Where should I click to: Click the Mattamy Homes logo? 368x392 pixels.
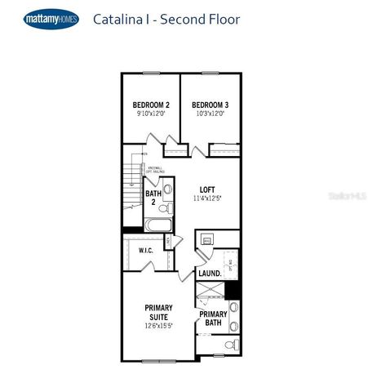[51, 19]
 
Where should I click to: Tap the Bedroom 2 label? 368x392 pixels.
[151, 105]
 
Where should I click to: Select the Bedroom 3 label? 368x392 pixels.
[210, 105]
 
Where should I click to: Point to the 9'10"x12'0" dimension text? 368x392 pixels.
[151, 114]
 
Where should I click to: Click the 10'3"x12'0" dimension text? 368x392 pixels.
[210, 114]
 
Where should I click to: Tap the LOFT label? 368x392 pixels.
[207, 189]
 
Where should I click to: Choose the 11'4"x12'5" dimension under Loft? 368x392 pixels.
[207, 198]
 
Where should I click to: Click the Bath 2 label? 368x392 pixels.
[152, 197]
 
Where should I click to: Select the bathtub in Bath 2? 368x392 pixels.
[158, 225]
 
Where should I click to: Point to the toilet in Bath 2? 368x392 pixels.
[167, 190]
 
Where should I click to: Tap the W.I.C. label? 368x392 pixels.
[147, 251]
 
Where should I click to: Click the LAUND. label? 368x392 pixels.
[210, 274]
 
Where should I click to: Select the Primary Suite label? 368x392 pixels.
[159, 313]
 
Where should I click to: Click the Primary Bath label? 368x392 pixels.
[213, 319]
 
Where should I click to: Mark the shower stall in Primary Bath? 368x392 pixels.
[211, 292]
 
